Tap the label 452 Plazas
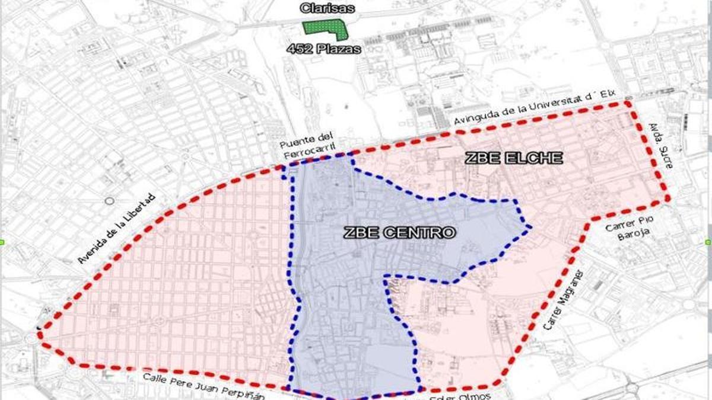[323, 50]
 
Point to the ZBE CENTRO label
[399, 233]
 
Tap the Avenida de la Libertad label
[116, 228]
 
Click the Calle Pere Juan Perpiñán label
[204, 385]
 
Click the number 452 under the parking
[300, 50]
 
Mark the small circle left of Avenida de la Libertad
[109, 201]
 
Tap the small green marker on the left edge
[2, 242]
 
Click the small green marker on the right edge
[708, 242]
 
